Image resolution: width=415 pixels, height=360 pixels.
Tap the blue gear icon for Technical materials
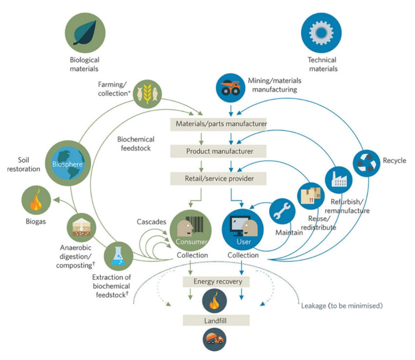tap(322, 31)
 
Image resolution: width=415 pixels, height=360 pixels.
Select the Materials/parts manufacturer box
tap(218, 124)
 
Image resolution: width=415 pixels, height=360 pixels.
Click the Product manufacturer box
tap(218, 151)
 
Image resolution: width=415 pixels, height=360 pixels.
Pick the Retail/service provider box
tap(218, 179)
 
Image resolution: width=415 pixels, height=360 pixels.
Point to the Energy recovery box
tap(218, 281)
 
